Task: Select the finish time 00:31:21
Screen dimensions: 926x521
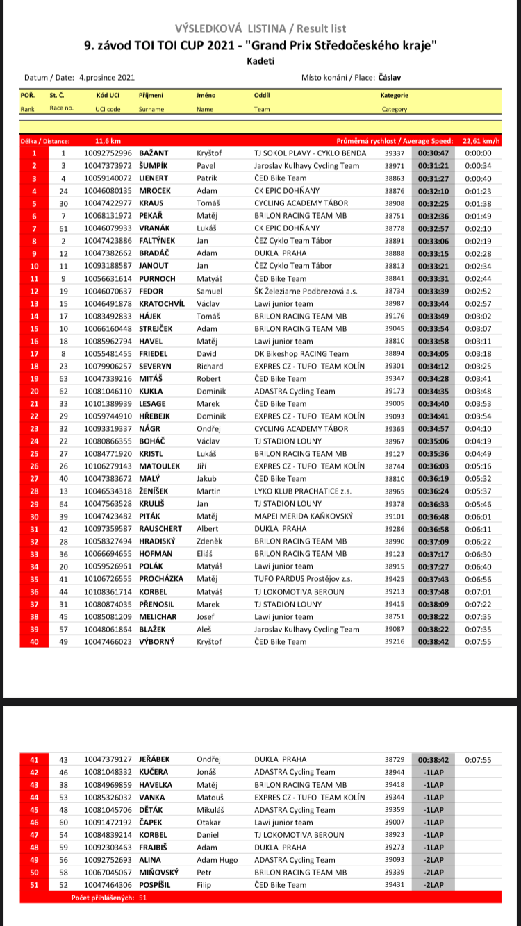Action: pos(433,166)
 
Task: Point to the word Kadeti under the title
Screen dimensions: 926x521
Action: pos(260,61)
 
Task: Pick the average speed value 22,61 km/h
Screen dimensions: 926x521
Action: pos(481,140)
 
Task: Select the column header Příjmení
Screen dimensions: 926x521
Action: pos(151,95)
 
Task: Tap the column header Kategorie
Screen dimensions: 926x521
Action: pos(394,95)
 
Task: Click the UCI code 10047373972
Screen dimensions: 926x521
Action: pos(108,166)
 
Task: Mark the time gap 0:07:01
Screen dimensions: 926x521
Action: pos(478,591)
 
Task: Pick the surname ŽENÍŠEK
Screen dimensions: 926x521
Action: pos(157,491)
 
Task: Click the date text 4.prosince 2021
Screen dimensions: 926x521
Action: pos(107,78)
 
